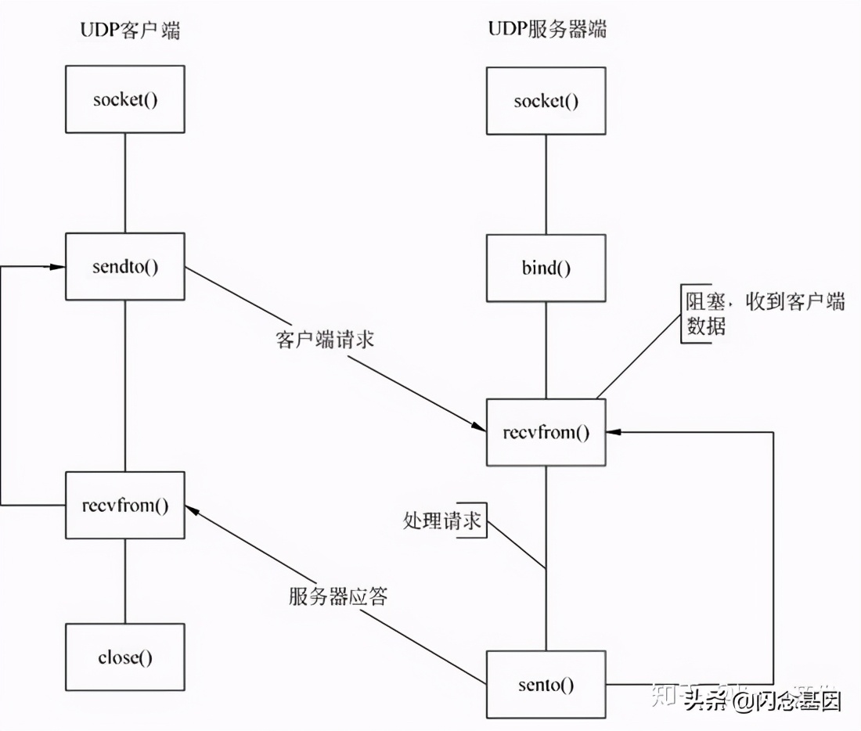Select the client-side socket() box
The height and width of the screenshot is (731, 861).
(125, 99)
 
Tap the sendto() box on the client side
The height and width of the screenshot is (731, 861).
(125, 266)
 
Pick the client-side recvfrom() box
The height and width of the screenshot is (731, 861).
(125, 505)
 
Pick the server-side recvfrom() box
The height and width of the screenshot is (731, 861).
(546, 433)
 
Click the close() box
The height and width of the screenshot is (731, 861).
(125, 657)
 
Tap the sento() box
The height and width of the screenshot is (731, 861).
(546, 685)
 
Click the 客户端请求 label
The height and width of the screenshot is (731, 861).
(325, 340)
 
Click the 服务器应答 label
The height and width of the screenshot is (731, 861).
(337, 596)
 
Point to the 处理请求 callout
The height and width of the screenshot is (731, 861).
(442, 521)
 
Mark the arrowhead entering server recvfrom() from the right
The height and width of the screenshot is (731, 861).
(614, 432)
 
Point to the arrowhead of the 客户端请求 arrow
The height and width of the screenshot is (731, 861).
(479, 427)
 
